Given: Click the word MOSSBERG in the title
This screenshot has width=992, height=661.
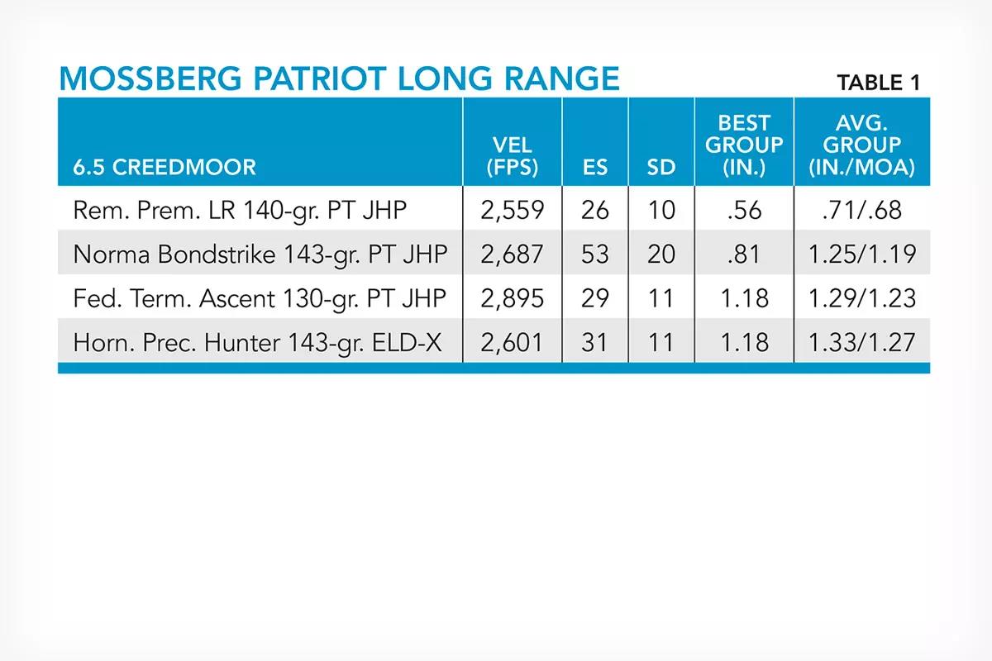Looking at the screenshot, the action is point(150,78).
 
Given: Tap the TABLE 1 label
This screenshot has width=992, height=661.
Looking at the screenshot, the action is point(879,83).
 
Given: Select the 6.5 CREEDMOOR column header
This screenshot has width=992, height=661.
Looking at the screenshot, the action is point(165,168).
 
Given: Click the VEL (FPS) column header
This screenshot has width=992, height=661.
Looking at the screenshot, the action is point(513,156).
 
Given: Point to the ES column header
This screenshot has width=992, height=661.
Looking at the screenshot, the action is point(595,168).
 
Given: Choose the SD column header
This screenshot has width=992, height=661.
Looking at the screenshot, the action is point(661,168).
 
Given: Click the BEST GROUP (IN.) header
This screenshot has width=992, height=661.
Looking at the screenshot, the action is point(745,145).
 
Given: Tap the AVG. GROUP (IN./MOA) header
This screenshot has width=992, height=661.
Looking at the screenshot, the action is point(861,145).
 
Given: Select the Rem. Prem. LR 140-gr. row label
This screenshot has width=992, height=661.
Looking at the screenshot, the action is point(240,211).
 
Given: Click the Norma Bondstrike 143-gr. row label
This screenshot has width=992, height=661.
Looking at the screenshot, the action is point(260,254).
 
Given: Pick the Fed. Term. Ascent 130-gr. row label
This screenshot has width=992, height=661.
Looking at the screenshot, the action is point(260,299).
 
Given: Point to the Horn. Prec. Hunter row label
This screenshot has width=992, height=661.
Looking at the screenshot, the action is point(257,343).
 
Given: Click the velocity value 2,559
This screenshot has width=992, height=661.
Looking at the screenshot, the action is point(512,211).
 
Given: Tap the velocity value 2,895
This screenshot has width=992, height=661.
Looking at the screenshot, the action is point(512,298).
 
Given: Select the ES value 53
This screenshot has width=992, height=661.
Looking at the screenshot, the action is point(594,254).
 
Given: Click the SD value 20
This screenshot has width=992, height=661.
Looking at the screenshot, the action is point(661,254).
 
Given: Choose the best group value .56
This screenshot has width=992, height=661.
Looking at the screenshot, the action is point(745,211).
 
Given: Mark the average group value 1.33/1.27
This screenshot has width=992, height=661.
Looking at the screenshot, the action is point(861,343).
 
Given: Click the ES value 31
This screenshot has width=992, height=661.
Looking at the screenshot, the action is point(594,343).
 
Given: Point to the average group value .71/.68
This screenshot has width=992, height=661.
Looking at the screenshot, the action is point(861,211).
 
